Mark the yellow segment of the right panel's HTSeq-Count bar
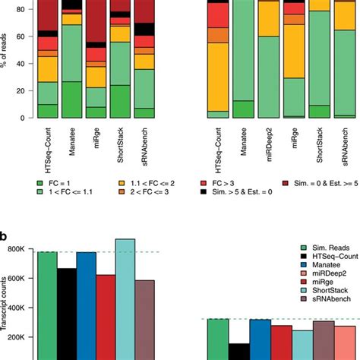218,76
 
